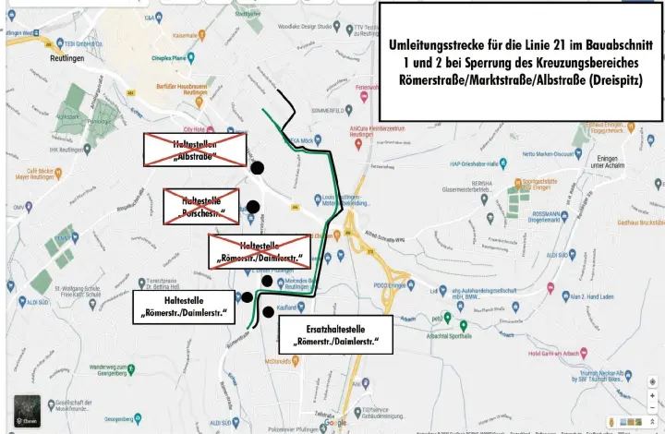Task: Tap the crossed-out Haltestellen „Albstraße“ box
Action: tap(194, 149)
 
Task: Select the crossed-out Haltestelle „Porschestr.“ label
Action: tap(201, 207)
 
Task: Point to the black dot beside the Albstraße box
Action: tap(258, 167)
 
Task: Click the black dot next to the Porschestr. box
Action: tap(253, 207)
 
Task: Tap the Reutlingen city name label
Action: tap(67, 57)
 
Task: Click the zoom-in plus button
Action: tap(652, 394)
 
